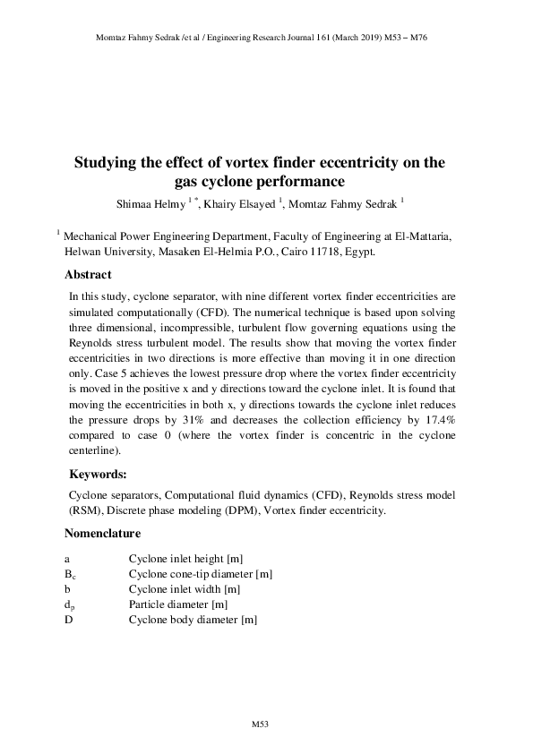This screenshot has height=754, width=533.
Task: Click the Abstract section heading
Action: (x=88, y=275)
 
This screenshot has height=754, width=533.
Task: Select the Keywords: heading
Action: (x=98, y=475)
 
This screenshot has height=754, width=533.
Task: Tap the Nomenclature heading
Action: (x=102, y=534)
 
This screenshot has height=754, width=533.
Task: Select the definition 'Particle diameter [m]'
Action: (x=176, y=604)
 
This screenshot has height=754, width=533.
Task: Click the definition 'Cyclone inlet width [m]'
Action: (x=184, y=589)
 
